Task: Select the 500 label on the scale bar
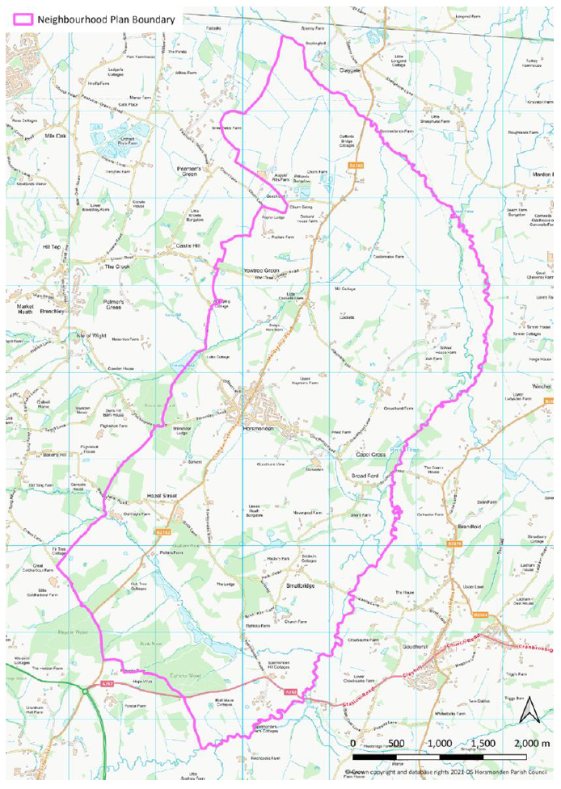396,742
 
